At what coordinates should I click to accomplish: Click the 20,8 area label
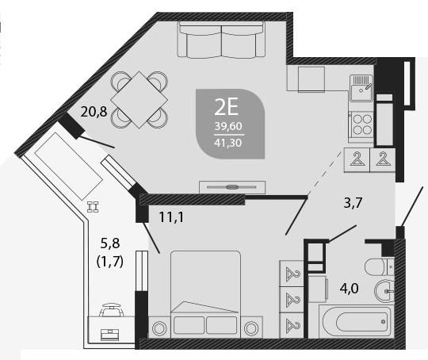[94, 112]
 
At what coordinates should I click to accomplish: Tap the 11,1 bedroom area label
[171, 217]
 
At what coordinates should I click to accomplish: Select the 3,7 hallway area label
[353, 203]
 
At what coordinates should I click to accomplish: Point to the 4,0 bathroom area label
[349, 288]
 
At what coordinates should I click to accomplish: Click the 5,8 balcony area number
[110, 243]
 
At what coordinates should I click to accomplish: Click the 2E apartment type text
[227, 107]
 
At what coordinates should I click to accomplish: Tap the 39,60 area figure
[228, 126]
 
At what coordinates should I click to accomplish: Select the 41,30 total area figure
[228, 143]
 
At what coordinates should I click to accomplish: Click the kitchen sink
[361, 88]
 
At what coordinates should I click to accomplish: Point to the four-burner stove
[362, 124]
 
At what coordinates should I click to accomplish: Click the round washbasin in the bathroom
[384, 291]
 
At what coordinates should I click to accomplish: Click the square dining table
[139, 100]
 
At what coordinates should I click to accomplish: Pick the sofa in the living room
[221, 40]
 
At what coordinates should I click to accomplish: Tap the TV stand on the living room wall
[232, 187]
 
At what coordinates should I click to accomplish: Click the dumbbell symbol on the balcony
[93, 207]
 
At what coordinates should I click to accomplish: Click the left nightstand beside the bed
[159, 328]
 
